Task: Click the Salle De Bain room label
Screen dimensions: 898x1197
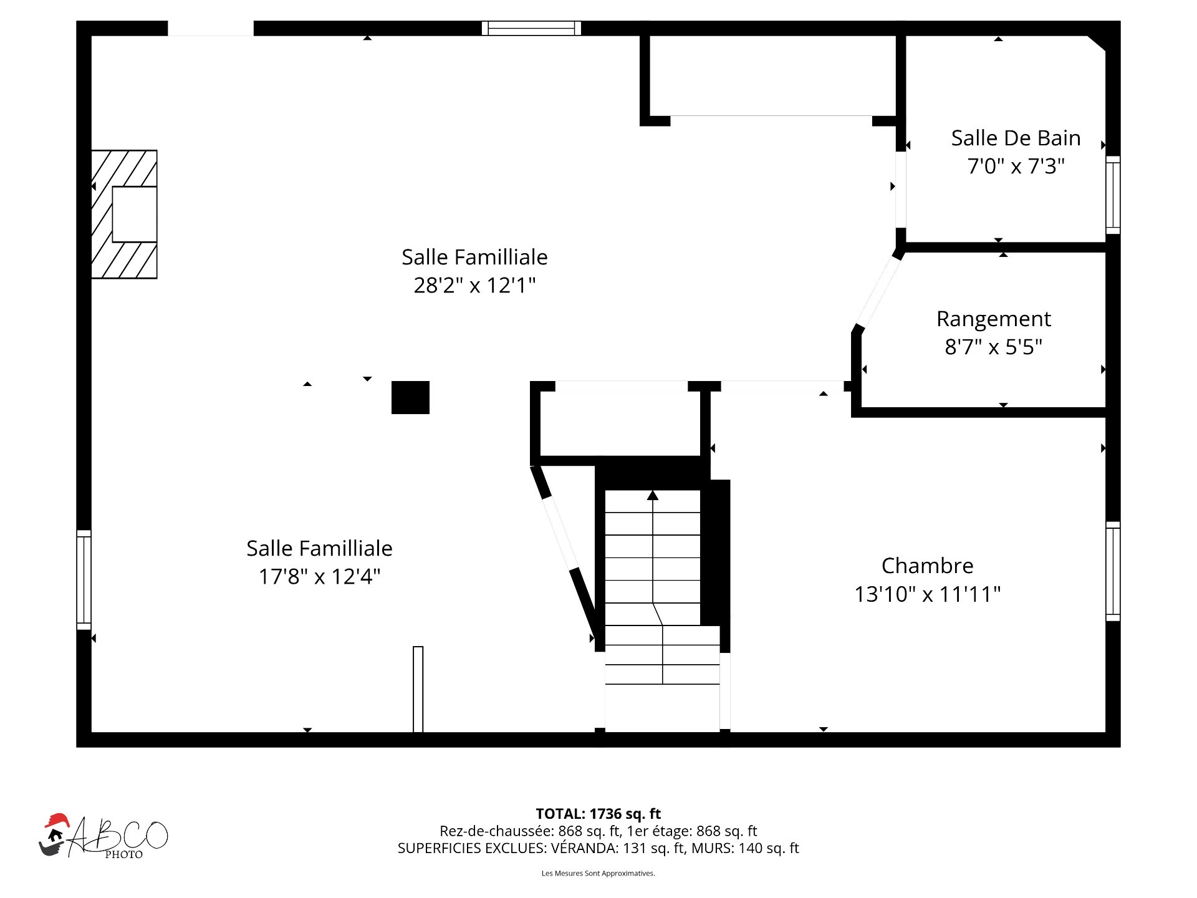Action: pyautogui.click(x=1016, y=138)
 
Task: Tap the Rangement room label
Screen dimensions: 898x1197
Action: pyautogui.click(x=993, y=319)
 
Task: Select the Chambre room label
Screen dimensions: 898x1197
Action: pyautogui.click(x=927, y=566)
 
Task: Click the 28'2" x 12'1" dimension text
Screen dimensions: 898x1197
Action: pyautogui.click(x=474, y=285)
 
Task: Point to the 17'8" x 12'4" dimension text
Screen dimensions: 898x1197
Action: pyautogui.click(x=319, y=576)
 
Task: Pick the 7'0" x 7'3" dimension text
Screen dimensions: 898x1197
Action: pyautogui.click(x=1016, y=166)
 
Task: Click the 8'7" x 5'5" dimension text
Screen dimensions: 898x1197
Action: pyautogui.click(x=993, y=347)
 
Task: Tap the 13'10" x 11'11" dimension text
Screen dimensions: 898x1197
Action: pyautogui.click(x=927, y=594)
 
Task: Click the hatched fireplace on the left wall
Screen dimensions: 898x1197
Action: pyautogui.click(x=124, y=214)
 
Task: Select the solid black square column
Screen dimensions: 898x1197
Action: pyautogui.click(x=410, y=397)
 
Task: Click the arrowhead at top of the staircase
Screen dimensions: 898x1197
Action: pyautogui.click(x=653, y=495)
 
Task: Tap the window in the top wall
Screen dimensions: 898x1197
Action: pyautogui.click(x=531, y=28)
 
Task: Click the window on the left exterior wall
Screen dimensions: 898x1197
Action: pyautogui.click(x=84, y=579)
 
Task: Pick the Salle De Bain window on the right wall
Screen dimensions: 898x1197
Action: pyautogui.click(x=1113, y=195)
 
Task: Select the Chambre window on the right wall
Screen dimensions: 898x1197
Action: pyautogui.click(x=1113, y=571)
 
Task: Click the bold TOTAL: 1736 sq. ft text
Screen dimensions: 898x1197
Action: pyautogui.click(x=598, y=814)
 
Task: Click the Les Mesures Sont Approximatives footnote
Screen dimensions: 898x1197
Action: pyautogui.click(x=598, y=873)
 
